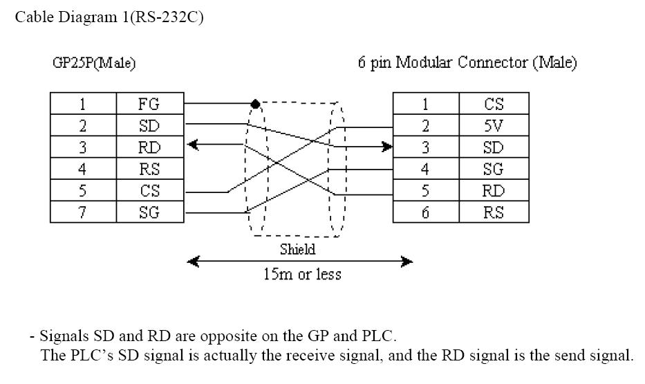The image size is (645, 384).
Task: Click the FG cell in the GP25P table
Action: (149, 104)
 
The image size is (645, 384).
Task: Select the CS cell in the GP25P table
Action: (149, 190)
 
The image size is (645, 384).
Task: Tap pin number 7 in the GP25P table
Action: (83, 212)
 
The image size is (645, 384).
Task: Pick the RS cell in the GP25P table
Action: (149, 169)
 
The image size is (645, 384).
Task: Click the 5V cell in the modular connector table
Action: (493, 126)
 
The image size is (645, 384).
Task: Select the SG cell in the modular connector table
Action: (493, 169)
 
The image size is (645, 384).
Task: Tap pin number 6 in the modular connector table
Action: (425, 212)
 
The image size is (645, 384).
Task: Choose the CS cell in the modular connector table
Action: (493, 104)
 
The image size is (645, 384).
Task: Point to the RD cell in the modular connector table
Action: (493, 190)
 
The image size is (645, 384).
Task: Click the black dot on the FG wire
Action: (255, 104)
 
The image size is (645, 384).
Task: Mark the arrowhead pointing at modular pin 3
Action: (386, 147)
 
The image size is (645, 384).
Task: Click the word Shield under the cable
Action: (298, 249)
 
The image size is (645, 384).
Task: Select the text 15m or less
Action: (302, 274)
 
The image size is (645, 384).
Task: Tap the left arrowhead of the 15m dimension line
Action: (194, 262)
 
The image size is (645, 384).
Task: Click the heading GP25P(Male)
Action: (94, 63)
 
